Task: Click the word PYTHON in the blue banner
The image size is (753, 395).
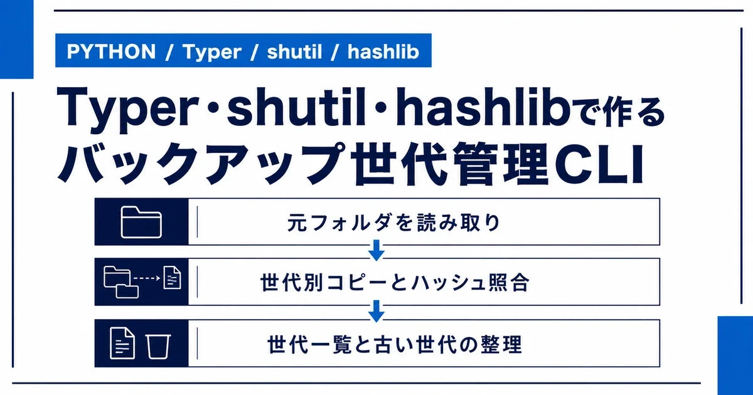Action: click(x=111, y=51)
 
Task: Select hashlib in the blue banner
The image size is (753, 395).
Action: click(x=383, y=51)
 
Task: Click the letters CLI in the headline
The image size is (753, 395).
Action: click(x=599, y=164)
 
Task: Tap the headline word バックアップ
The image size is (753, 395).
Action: click(x=201, y=164)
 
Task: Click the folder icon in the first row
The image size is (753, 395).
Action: click(x=141, y=222)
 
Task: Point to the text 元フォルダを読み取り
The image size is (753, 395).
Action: click(x=393, y=223)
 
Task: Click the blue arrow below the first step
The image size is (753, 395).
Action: click(x=376, y=250)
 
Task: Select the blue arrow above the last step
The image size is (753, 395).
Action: click(x=376, y=311)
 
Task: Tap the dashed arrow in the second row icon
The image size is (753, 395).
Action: click(x=147, y=278)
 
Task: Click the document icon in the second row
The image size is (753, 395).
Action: click(x=172, y=277)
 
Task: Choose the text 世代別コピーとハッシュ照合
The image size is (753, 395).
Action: click(x=395, y=283)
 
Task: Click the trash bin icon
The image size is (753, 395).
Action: click(x=158, y=347)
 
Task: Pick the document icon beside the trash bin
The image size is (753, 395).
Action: click(x=122, y=343)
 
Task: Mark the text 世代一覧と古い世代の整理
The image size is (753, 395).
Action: click(x=395, y=344)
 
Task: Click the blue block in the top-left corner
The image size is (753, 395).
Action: click(x=17, y=39)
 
